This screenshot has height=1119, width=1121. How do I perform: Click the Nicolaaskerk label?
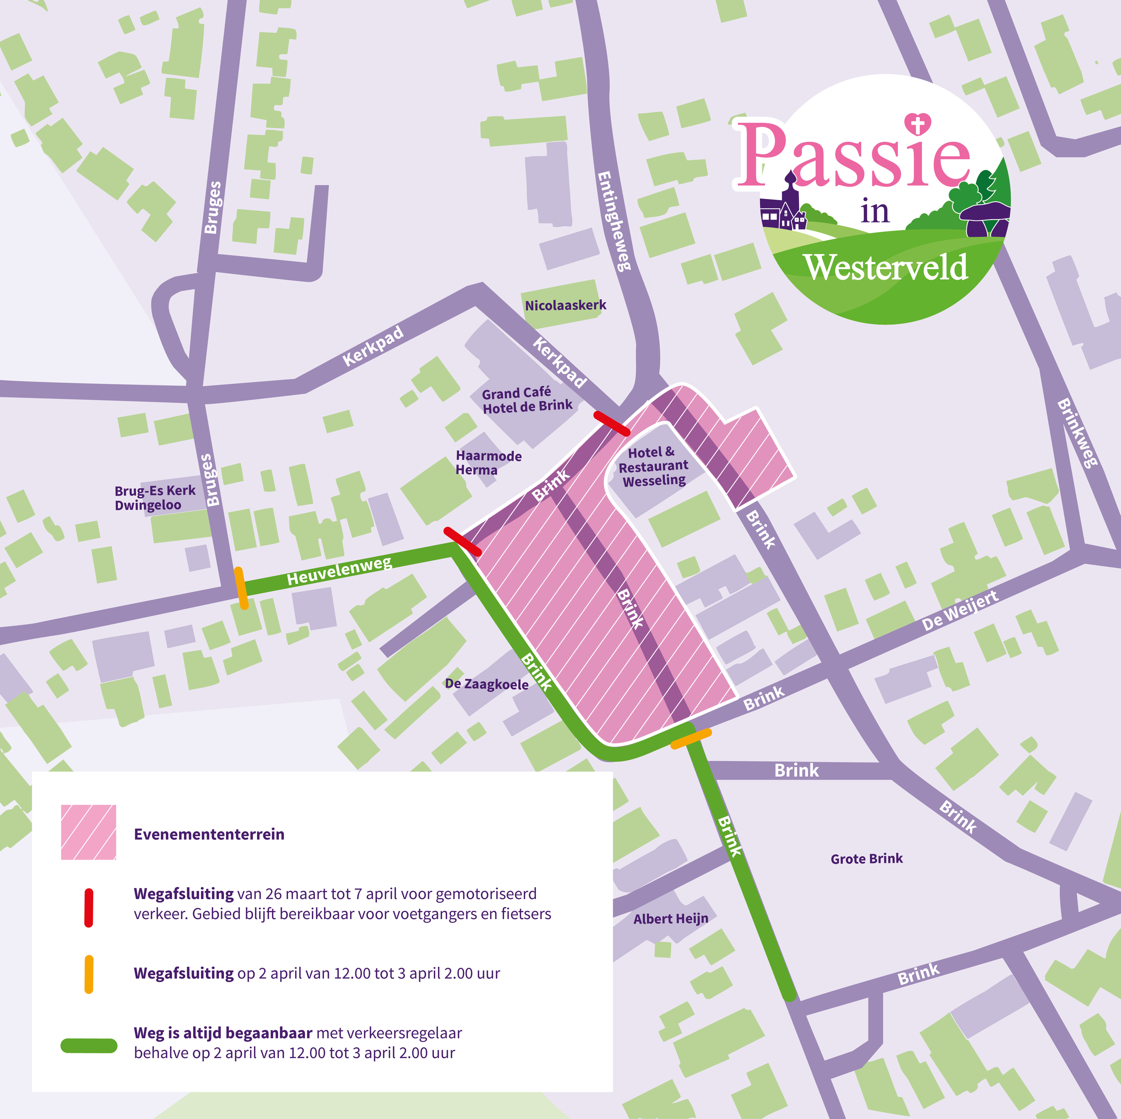tap(565, 305)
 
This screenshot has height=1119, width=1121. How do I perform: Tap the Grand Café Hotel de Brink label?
tap(527, 400)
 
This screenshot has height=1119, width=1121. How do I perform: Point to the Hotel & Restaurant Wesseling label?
tap(653, 466)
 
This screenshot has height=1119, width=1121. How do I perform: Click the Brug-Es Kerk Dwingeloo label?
tap(155, 497)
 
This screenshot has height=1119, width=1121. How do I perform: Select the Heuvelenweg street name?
tap(339, 570)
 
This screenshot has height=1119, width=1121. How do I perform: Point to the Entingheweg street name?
tap(614, 221)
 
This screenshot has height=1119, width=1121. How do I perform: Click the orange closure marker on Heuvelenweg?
tap(241, 588)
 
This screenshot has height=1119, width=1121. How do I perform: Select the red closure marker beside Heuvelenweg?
tap(462, 542)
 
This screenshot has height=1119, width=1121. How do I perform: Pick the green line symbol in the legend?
tap(89, 1046)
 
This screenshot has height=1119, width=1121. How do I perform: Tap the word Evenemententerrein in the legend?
tap(209, 834)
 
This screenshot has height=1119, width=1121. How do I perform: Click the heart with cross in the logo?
tap(918, 123)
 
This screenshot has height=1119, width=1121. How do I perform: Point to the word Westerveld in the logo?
tap(885, 268)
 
